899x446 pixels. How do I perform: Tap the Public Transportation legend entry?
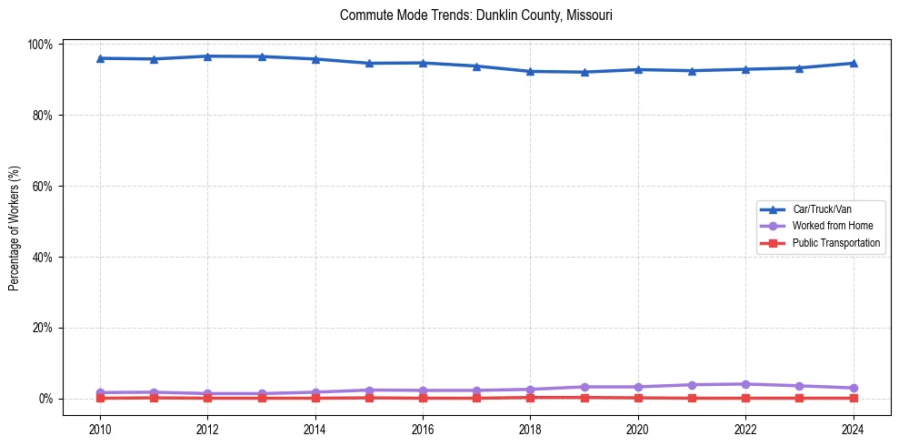pos(835,243)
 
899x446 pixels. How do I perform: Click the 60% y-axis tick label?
pos(43,186)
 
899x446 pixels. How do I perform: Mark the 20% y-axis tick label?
pos(43,328)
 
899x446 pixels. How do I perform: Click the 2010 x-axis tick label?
pos(100,429)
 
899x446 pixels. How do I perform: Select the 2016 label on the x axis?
pos(423,429)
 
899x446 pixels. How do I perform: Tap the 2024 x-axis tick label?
pos(853,429)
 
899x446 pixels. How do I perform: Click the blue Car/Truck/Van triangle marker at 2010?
pos(100,58)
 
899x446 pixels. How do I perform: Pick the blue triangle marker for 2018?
pos(530,71)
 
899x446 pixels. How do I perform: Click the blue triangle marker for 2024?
pos(853,63)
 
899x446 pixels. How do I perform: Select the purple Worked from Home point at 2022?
pos(745,384)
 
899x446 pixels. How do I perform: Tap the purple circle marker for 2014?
pos(315,392)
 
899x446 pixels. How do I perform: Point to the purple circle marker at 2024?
pos(853,388)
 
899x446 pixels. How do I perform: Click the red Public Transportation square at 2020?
pos(638,398)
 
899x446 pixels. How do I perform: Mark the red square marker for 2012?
pos(208,398)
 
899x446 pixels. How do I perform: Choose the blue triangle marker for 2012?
pos(208,56)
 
